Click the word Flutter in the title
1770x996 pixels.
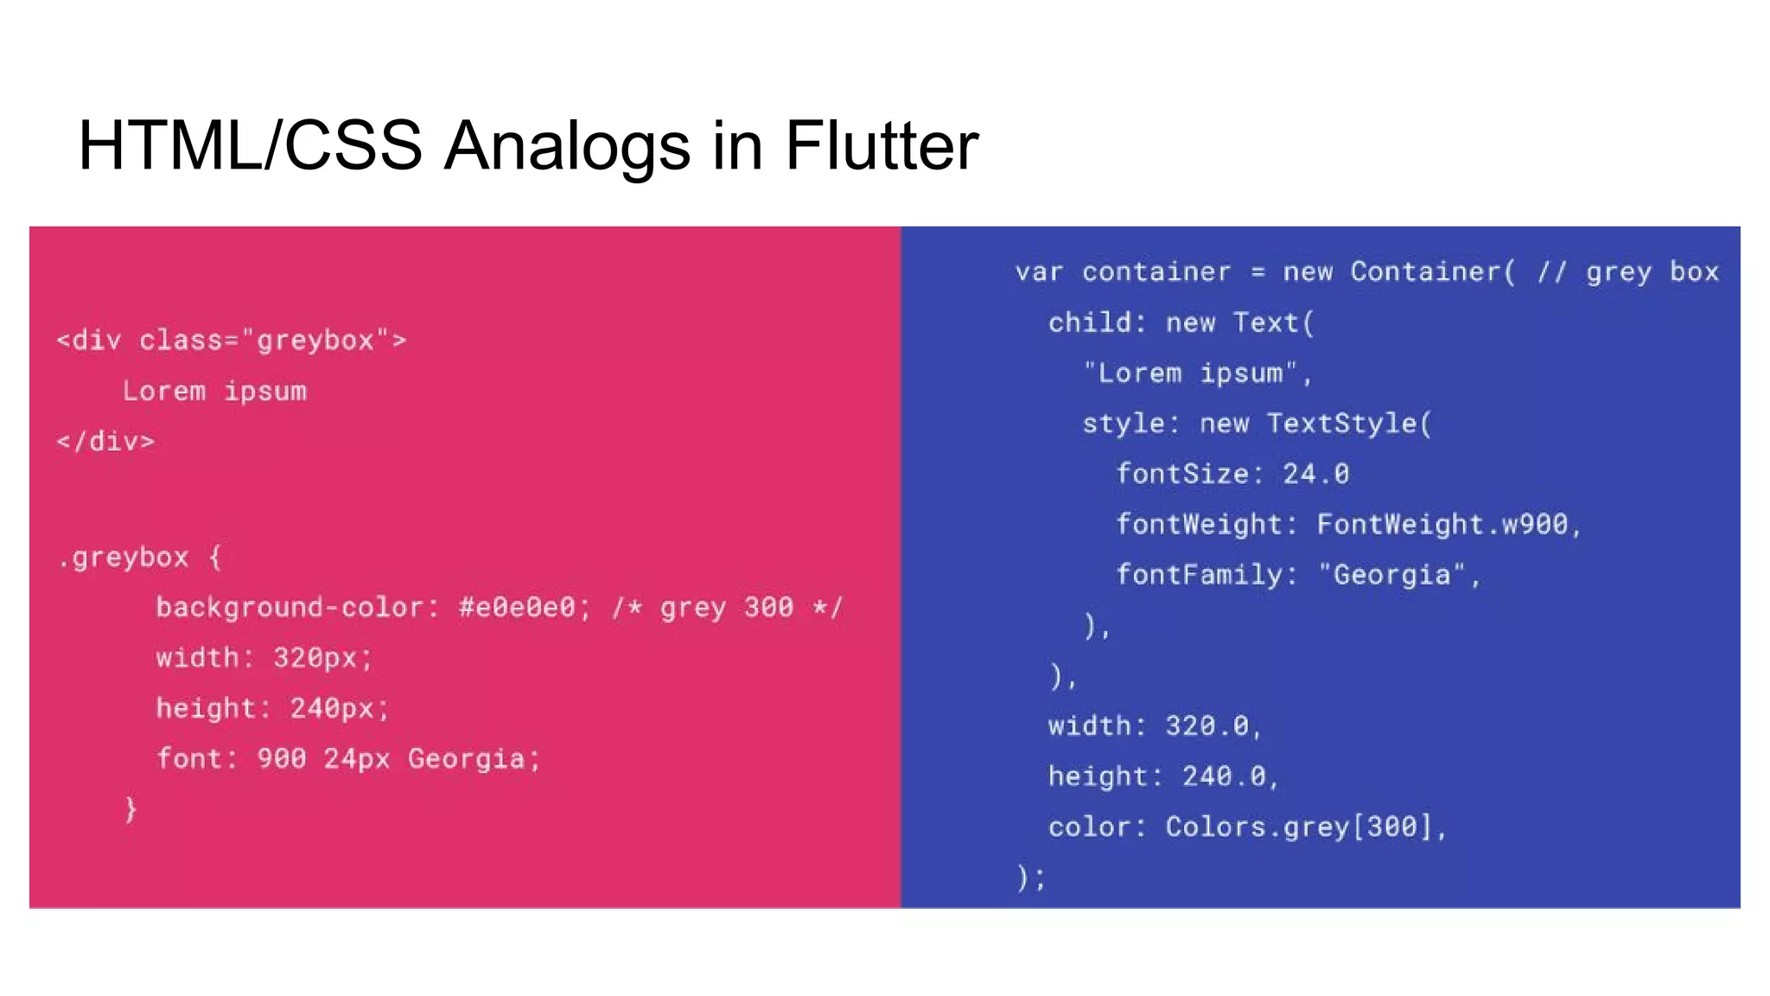pos(882,145)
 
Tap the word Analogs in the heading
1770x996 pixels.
pos(567,145)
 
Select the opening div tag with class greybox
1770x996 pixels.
pos(231,341)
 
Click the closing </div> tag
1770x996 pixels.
pos(105,442)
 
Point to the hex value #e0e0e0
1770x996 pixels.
pos(516,608)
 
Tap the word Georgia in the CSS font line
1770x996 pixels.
pos(466,759)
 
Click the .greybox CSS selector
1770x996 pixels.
pos(123,558)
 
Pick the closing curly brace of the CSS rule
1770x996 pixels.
pos(131,809)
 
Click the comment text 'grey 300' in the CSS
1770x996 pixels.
pos(726,608)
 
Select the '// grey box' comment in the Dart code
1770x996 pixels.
pos(1627,272)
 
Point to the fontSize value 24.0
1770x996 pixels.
pos(1315,474)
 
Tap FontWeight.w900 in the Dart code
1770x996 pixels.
pos(1442,525)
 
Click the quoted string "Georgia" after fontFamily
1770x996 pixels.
pos(1391,575)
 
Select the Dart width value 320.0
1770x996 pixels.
pos(1207,726)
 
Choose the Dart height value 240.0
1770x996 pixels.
pos(1224,776)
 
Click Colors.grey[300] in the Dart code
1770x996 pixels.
pos(1299,827)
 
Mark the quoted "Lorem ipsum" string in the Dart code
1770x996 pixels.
pos(1191,373)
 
